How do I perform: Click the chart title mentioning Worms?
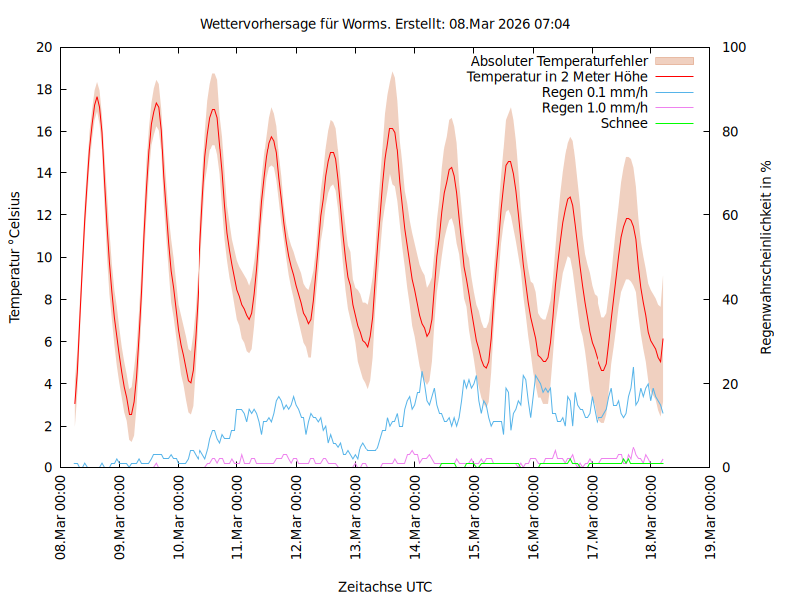[385, 23]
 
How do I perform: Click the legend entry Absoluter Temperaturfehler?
[560, 61]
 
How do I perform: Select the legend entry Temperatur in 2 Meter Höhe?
[558, 76]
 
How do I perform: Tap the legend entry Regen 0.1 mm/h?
[595, 92]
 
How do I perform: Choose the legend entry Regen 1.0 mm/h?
[595, 107]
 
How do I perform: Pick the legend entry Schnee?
[625, 123]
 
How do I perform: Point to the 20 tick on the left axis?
[44, 47]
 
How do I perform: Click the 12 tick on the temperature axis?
[44, 215]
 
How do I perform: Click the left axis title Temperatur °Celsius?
[15, 257]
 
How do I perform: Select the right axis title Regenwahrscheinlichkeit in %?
[767, 257]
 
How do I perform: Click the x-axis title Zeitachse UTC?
[385, 586]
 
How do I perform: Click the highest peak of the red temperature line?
[97, 97]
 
